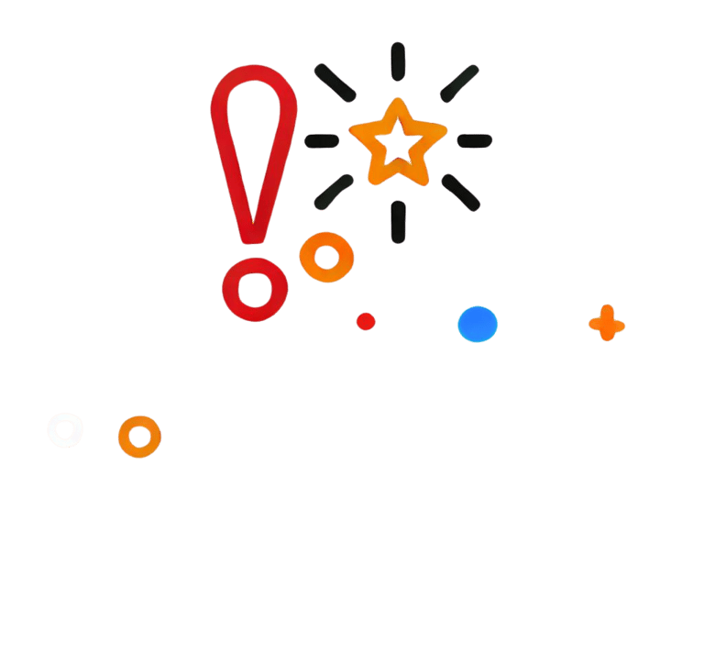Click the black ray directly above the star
(x=397, y=61)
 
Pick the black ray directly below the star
(x=398, y=222)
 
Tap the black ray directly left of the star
(x=322, y=140)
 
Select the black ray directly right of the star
(x=475, y=140)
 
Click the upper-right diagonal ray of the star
(x=459, y=83)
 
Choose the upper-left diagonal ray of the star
(x=335, y=83)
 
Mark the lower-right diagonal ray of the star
(x=460, y=192)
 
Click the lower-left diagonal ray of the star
(x=334, y=192)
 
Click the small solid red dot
(x=366, y=321)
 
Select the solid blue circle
(x=478, y=324)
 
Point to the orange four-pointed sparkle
(x=607, y=324)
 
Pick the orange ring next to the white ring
(x=138, y=437)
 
